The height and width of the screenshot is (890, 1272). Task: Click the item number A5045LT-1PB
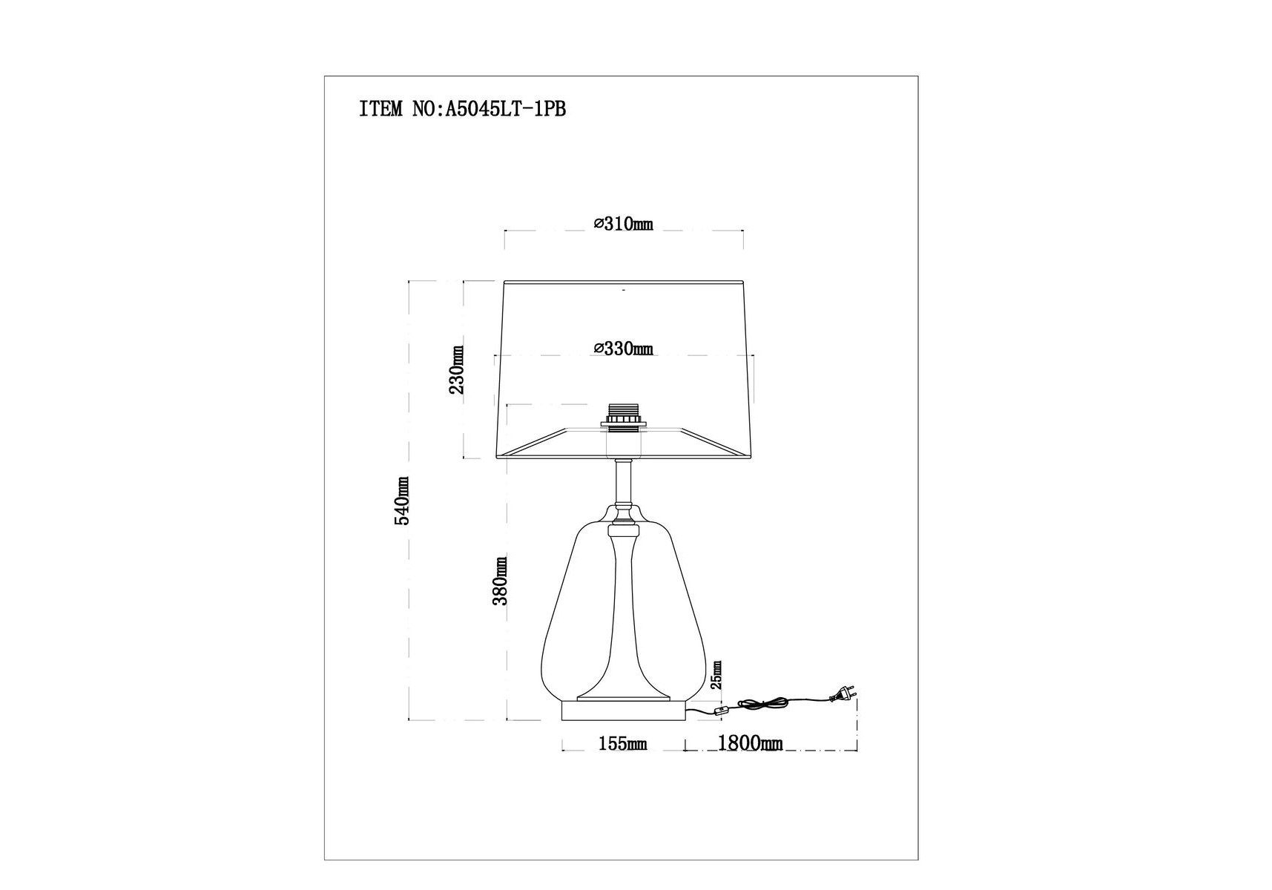pos(504,110)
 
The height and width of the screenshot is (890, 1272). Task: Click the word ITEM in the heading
pos(381,110)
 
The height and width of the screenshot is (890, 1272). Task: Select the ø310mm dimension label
pos(624,224)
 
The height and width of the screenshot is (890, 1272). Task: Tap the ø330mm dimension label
pos(624,348)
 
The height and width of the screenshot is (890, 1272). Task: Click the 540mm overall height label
pos(402,501)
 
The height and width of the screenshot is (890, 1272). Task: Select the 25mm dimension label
pos(716,675)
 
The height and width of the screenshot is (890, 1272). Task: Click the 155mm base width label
pos(623,743)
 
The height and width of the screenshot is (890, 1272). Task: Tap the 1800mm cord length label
pos(750,743)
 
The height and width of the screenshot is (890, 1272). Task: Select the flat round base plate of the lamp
pos(623,711)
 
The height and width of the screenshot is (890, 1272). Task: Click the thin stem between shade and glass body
pos(624,482)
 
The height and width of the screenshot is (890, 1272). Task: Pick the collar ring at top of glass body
pos(624,530)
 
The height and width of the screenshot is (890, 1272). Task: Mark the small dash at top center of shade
pos(624,291)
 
